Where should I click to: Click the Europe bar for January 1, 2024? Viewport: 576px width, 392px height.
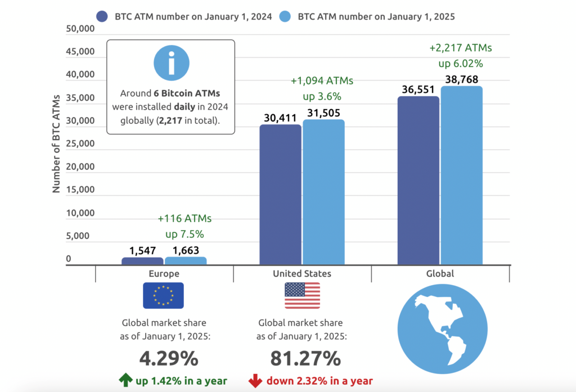coord(142,261)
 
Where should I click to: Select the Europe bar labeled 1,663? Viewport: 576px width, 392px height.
coord(186,260)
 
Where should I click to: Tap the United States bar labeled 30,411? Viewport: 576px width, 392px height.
coord(280,194)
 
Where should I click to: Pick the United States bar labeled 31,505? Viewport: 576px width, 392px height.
coord(323,191)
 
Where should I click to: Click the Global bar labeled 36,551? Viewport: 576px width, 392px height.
coord(418,180)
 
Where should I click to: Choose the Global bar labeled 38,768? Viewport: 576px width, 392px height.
coord(461,175)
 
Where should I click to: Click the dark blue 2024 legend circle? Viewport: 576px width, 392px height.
coord(102,16)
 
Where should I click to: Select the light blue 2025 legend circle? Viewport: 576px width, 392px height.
coord(286,16)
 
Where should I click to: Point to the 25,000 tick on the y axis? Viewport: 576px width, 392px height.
coord(77,143)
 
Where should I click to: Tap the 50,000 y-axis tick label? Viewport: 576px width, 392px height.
coord(77,29)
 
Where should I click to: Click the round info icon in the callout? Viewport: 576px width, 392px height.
coord(170,64)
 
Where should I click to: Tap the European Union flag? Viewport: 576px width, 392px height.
coord(163,296)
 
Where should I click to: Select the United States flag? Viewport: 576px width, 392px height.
coord(302,296)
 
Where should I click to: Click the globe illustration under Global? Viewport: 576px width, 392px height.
coord(440,330)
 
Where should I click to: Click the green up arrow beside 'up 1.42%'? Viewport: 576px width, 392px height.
coord(125,381)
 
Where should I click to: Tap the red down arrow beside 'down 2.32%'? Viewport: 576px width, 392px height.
coord(254,381)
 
